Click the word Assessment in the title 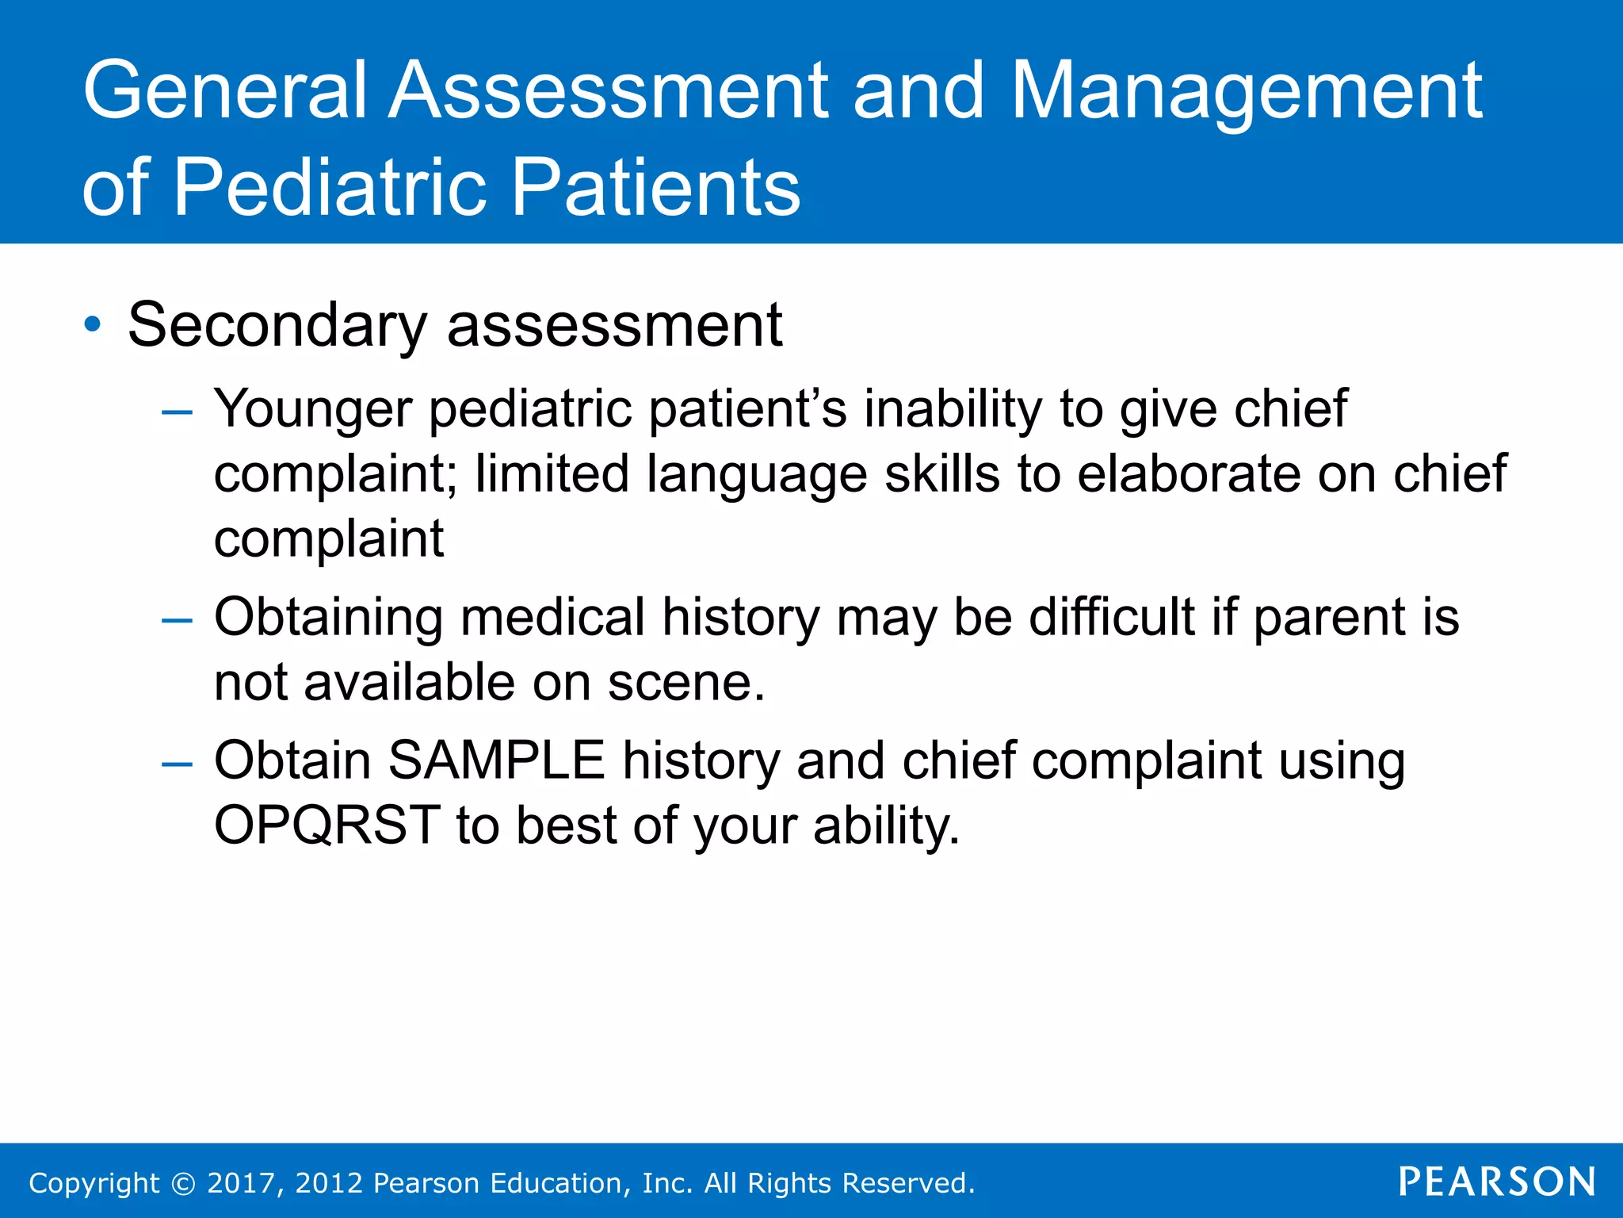pos(609,91)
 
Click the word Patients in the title pos(656,188)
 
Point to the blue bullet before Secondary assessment pos(94,324)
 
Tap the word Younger pos(313,410)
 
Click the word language pos(757,475)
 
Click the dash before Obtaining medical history pos(176,619)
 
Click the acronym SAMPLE pos(497,760)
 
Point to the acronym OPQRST pos(327,825)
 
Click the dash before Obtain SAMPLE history pos(176,763)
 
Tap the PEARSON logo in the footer pos(1497,1182)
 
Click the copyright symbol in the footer pos(183,1183)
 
